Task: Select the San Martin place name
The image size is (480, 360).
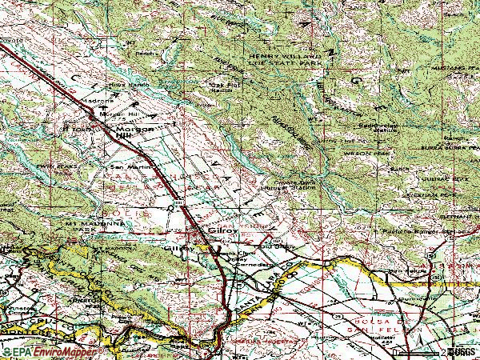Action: click(x=128, y=167)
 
